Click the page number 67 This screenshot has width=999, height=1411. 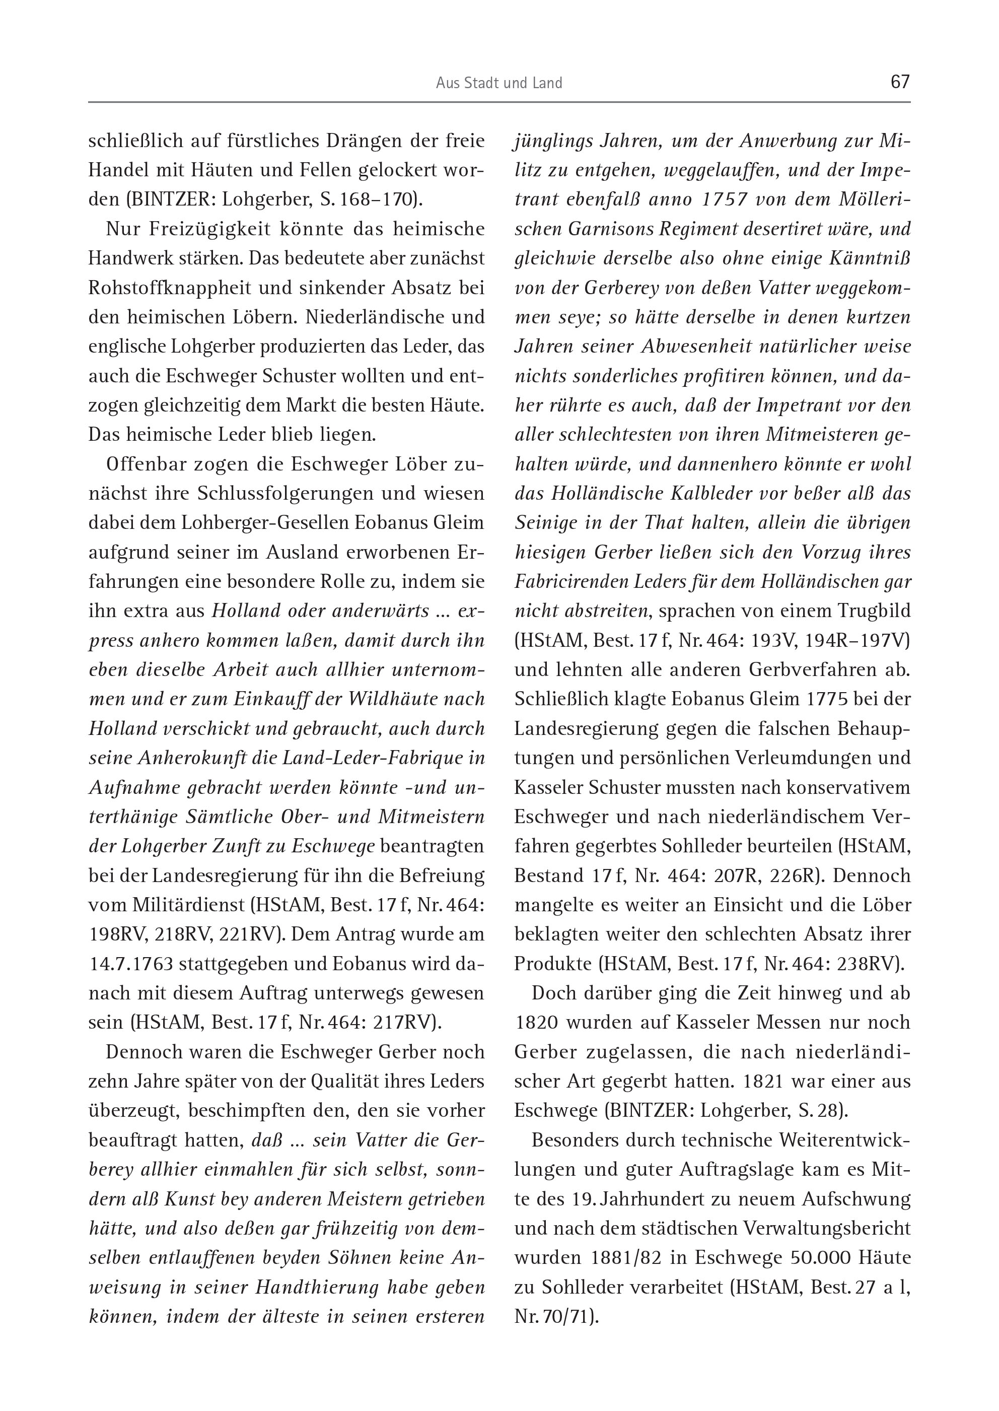tap(899, 82)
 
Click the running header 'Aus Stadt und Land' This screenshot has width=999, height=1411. tap(499, 83)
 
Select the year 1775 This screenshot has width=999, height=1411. tap(799, 699)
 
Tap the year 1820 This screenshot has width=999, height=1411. tap(536, 1022)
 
